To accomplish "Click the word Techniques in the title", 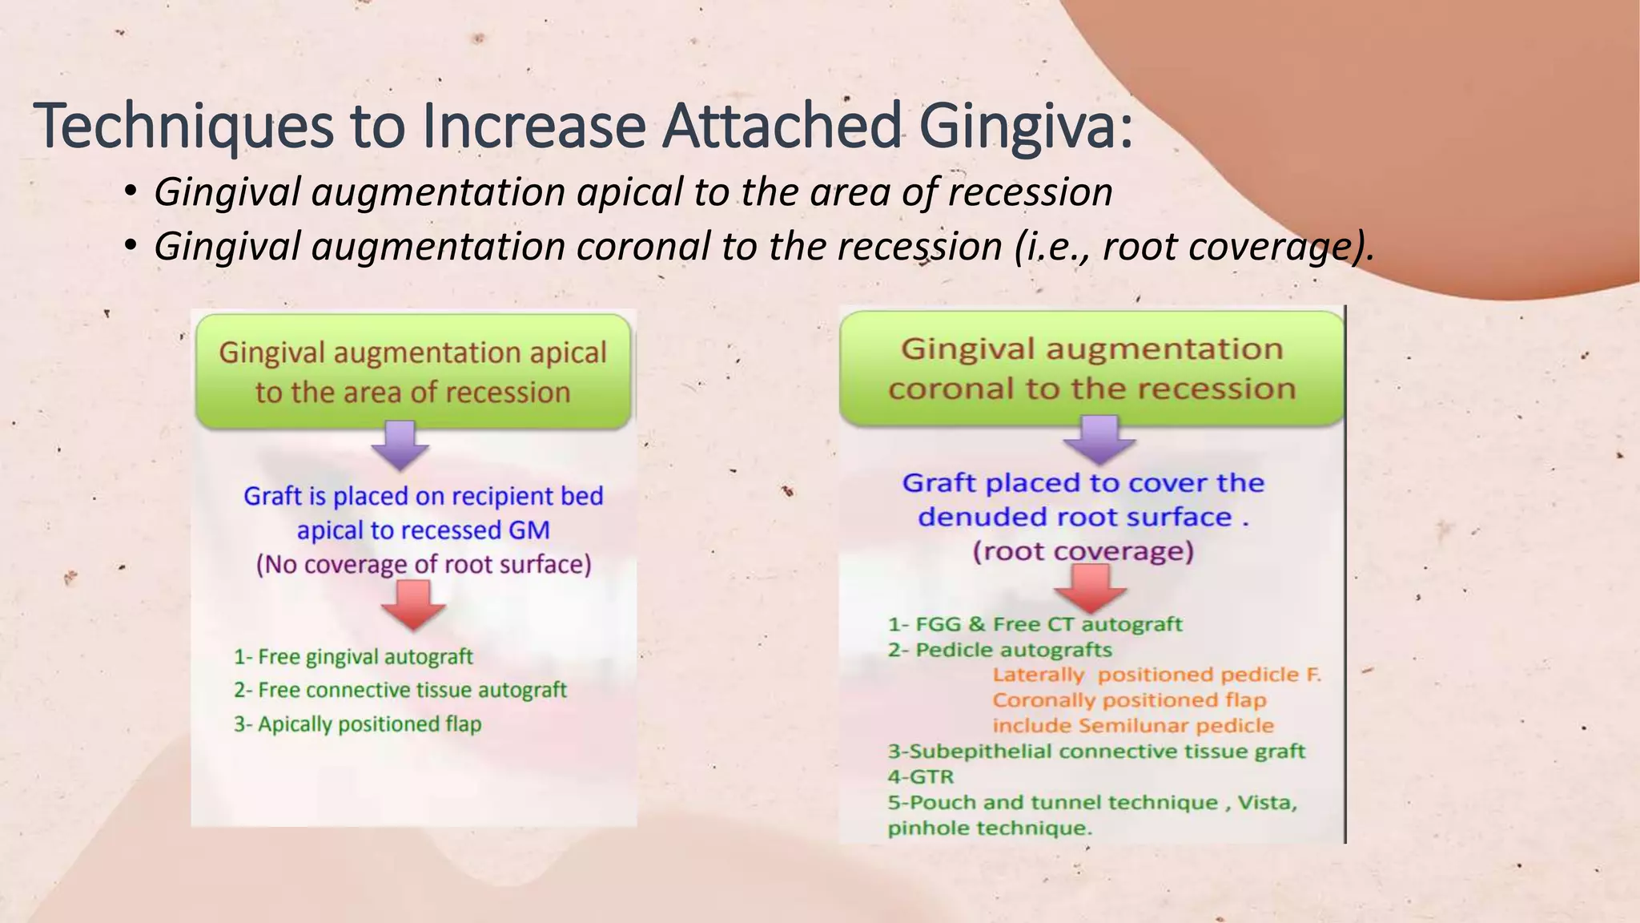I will [x=183, y=127].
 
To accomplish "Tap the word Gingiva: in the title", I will [x=1027, y=127].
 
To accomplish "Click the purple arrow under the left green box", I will [x=400, y=445].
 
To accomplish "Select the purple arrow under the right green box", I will [x=1099, y=439].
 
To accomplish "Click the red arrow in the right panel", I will [x=1090, y=588].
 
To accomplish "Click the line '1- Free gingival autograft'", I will [x=353, y=657].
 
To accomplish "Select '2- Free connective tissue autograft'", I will [x=400, y=690].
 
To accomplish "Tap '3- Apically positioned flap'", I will [x=357, y=724].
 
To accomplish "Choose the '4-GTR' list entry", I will [x=921, y=776].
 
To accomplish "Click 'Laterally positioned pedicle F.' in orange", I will [x=1156, y=675].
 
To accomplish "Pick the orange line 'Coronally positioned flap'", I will [x=1129, y=700].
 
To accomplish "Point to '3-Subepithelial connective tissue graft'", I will [x=1096, y=752].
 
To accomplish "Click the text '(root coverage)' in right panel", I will [x=1083, y=551].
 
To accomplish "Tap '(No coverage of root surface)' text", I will [x=423, y=565].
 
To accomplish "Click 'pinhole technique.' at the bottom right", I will [x=989, y=828].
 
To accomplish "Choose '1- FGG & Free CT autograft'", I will [x=1035, y=624].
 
